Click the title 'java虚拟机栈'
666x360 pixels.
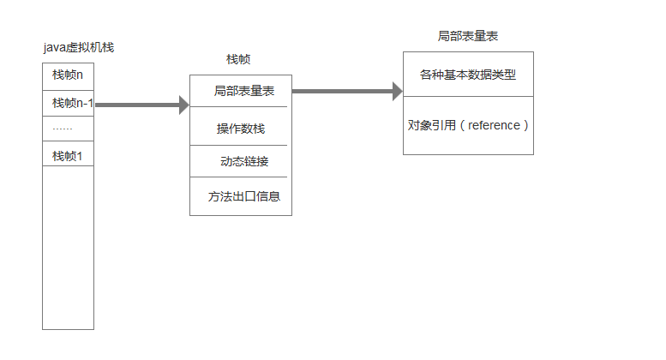point(78,48)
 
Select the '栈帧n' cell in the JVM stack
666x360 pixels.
point(68,75)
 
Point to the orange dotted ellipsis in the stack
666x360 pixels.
point(62,129)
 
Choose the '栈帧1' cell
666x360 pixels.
point(68,156)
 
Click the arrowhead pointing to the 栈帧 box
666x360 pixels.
point(183,105)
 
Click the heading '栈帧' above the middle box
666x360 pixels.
point(238,60)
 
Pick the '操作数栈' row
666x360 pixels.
point(241,129)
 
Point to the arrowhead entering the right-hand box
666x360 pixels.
point(398,91)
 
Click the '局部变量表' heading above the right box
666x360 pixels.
point(468,37)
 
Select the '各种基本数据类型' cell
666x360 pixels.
point(467,75)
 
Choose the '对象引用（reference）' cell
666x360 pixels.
point(468,125)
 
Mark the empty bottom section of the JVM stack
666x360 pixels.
point(68,249)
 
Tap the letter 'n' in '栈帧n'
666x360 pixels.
point(80,75)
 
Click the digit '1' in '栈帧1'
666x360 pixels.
point(80,156)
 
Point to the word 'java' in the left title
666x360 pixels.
point(54,48)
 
